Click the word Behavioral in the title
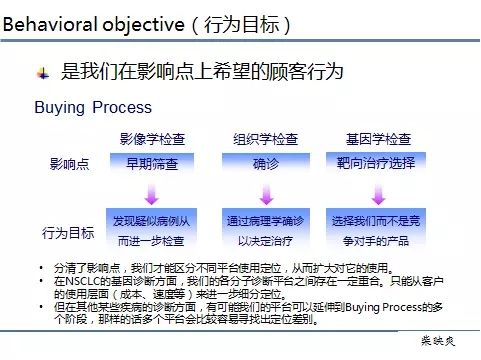coord(47,22)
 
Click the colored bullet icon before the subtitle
coord(42,72)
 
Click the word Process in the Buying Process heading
coord(123,107)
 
